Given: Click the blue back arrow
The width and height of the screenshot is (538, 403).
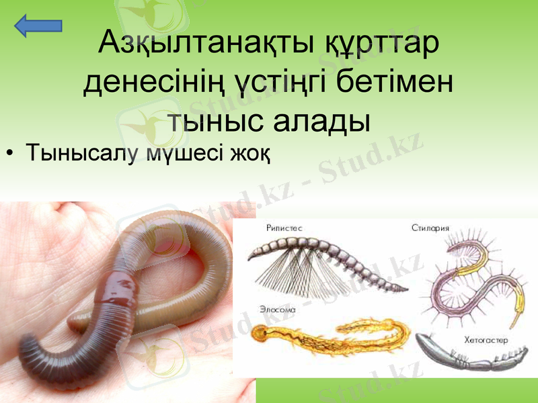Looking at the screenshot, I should pos(38,26).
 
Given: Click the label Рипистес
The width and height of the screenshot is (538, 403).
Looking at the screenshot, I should pos(284,228).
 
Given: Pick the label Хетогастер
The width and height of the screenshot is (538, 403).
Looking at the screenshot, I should pos(486,341).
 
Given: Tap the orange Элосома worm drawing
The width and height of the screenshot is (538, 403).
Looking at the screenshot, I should pos(330,332).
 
